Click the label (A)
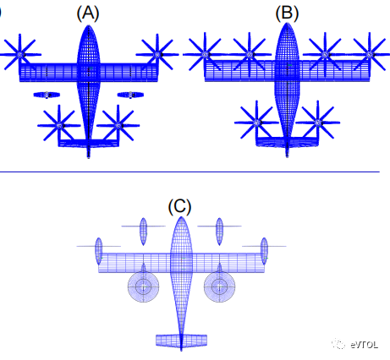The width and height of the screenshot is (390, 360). pyautogui.click(x=88, y=14)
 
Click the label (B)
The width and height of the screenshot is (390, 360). pyautogui.click(x=287, y=14)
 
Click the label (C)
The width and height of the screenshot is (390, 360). pyautogui.click(x=179, y=206)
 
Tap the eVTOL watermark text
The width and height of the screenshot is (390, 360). pyautogui.click(x=364, y=345)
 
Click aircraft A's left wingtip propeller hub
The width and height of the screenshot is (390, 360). pyautogui.click(x=19, y=55)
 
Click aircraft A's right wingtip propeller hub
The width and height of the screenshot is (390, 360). pyautogui.click(x=157, y=55)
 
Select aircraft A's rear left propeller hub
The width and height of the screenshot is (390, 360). pyautogui.click(x=59, y=126)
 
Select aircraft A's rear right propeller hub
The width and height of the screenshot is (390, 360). pyautogui.click(x=118, y=126)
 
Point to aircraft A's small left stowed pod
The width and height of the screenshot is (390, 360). pyautogui.click(x=47, y=95)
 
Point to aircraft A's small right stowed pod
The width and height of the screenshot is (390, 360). pyautogui.click(x=130, y=95)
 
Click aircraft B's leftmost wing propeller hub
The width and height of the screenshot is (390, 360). pyautogui.click(x=205, y=54)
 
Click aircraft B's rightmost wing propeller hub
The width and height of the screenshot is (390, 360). pyautogui.click(x=370, y=54)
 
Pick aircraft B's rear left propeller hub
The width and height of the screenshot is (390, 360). pyautogui.click(x=256, y=123)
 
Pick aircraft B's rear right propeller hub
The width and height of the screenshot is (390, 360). pyautogui.click(x=318, y=123)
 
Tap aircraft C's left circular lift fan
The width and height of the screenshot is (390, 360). pyautogui.click(x=143, y=287)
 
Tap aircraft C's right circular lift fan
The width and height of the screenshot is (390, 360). pyautogui.click(x=219, y=287)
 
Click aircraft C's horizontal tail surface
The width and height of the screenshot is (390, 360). pyautogui.click(x=181, y=341)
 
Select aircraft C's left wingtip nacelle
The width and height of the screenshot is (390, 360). pyautogui.click(x=99, y=251)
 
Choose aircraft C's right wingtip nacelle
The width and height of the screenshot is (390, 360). pyautogui.click(x=264, y=251)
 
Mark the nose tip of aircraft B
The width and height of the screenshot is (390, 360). pyautogui.click(x=287, y=23)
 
